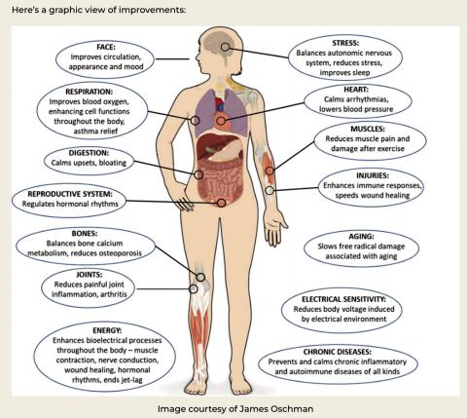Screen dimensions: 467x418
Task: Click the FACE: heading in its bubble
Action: [x=106, y=47]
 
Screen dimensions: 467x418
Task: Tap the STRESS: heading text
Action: [x=345, y=43]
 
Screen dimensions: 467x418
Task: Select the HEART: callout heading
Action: [x=356, y=90]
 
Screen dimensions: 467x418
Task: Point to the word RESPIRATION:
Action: [x=89, y=92]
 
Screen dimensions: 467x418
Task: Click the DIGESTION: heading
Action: [x=89, y=153]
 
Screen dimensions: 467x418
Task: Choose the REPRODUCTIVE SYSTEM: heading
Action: [x=70, y=194]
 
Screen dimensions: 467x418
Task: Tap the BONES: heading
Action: [x=85, y=234]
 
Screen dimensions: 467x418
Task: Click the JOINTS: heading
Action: [x=89, y=275]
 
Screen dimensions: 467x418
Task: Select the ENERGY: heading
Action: [x=107, y=330]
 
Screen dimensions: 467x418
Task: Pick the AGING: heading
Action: [x=361, y=237]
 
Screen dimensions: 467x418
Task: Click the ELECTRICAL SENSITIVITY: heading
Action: [x=343, y=299]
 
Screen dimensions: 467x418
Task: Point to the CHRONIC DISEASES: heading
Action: [x=338, y=352]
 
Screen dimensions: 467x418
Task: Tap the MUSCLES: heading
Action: [x=368, y=129]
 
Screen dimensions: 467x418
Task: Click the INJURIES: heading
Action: [x=373, y=175]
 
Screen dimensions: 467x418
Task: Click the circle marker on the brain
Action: [x=225, y=47]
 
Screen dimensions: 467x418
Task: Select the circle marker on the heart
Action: [x=221, y=121]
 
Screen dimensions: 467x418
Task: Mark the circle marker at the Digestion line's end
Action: [x=198, y=174]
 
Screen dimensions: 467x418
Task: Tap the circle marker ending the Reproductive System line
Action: [x=221, y=203]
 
